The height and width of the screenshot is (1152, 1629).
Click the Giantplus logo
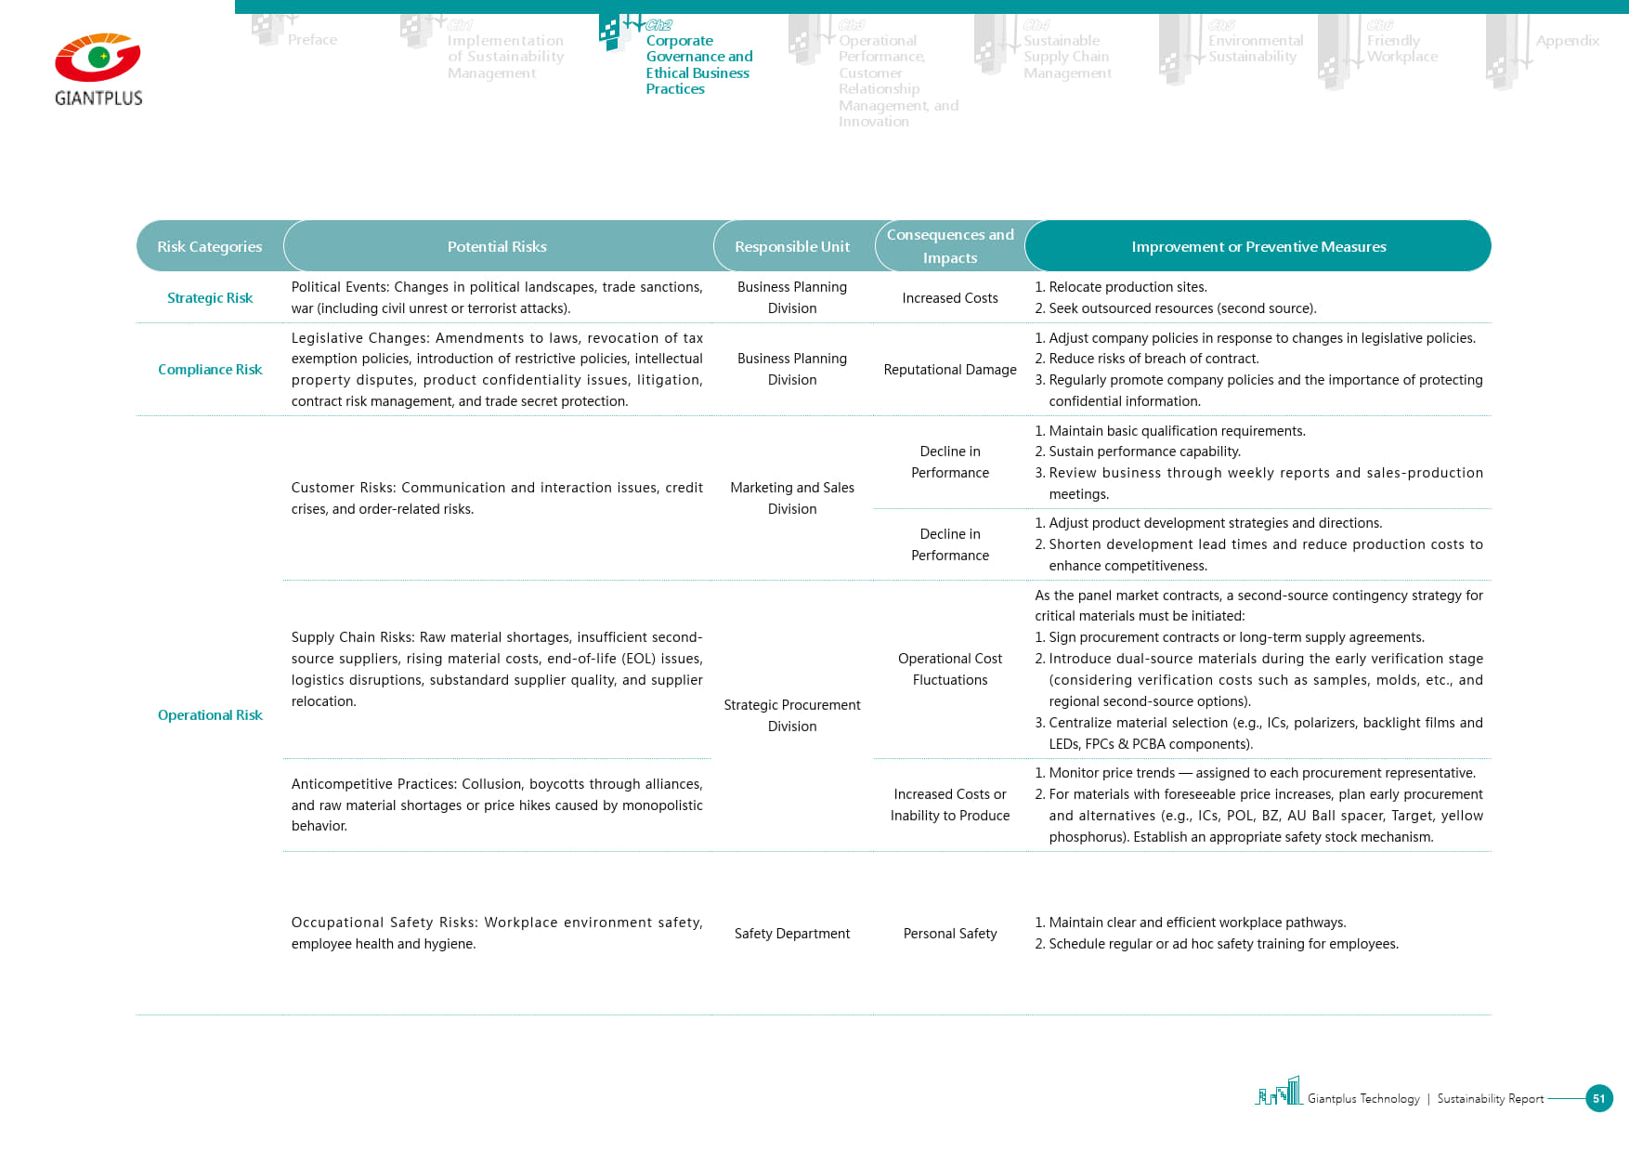(x=98, y=70)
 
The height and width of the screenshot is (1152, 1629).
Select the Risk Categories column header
(x=210, y=246)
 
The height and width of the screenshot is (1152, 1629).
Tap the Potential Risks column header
(x=497, y=246)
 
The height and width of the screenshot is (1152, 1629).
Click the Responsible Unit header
(x=792, y=246)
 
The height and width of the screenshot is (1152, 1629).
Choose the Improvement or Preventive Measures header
(x=1258, y=246)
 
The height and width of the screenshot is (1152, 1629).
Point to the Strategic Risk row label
(x=210, y=298)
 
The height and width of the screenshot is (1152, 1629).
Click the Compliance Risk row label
(x=210, y=370)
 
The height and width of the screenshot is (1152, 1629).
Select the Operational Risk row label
(x=210, y=715)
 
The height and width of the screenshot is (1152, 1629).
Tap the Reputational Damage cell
(x=950, y=370)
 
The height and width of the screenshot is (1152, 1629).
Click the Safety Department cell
(x=792, y=934)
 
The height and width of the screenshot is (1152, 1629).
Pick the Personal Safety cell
(x=950, y=934)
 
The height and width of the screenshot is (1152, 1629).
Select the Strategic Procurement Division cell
(x=792, y=715)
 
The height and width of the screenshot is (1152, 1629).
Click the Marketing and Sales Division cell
(x=792, y=498)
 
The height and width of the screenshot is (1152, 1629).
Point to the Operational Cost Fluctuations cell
(x=950, y=669)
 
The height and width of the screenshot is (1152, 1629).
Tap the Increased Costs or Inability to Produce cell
(x=950, y=805)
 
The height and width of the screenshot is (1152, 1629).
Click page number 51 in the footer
(x=1598, y=1098)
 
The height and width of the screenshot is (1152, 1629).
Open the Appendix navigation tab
(x=1567, y=41)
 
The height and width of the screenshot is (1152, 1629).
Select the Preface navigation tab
(x=312, y=40)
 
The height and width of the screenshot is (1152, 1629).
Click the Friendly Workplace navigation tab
(x=1401, y=48)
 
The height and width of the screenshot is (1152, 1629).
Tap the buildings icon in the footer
(x=1279, y=1092)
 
